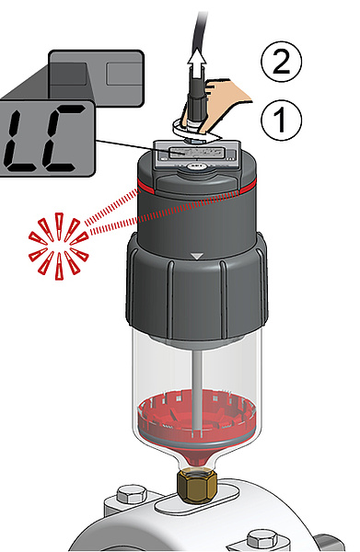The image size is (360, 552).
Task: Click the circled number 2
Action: coord(281,61)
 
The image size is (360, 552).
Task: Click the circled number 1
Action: coord(281,120)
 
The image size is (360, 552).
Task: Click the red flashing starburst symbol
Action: coord(58,246)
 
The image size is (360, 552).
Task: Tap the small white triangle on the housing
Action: coord(196,256)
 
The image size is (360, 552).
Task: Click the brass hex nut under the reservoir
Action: coord(197,485)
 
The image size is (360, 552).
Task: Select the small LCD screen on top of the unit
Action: coord(196,153)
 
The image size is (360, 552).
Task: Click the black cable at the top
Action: coord(198,31)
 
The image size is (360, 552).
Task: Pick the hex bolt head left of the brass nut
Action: coord(132,493)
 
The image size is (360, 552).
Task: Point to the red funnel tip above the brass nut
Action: coord(197,457)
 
